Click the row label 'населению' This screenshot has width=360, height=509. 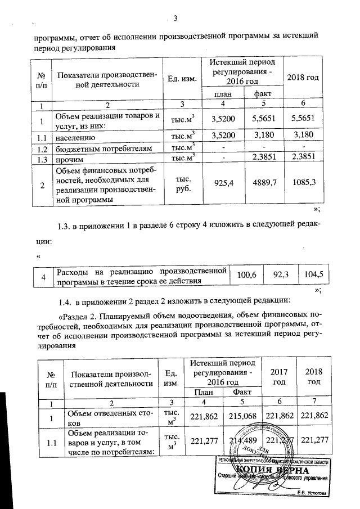point(75,136)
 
